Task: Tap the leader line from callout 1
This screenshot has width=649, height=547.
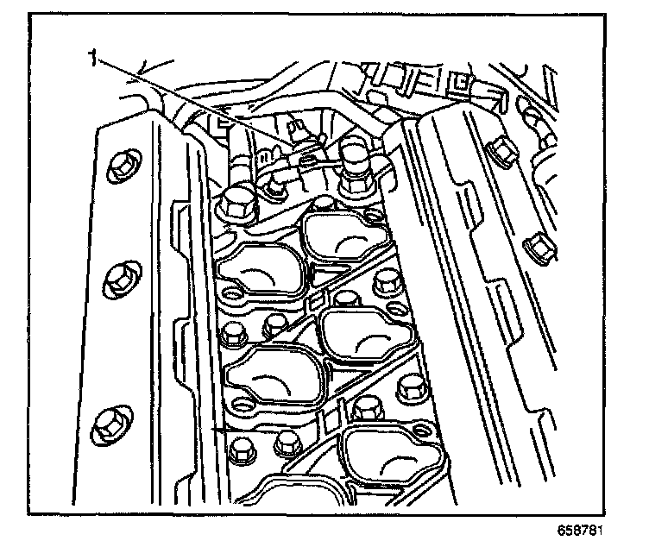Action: point(190,99)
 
